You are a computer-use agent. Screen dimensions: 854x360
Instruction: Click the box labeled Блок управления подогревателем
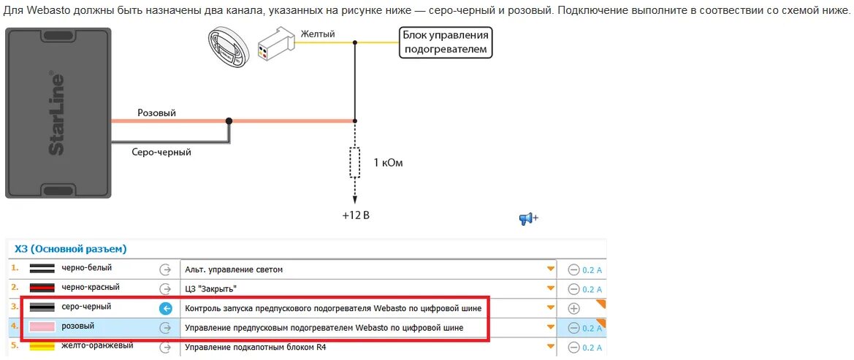point(446,42)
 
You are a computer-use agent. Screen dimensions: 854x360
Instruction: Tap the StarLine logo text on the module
point(56,113)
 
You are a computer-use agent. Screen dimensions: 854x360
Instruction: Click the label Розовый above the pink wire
point(156,113)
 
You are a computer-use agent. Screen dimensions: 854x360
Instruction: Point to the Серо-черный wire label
point(161,152)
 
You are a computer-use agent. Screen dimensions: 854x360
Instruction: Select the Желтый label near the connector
point(318,34)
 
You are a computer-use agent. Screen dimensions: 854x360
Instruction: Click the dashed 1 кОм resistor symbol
point(355,162)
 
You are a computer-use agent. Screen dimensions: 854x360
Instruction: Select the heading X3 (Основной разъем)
point(71,249)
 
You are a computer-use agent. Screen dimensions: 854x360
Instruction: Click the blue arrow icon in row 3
point(165,308)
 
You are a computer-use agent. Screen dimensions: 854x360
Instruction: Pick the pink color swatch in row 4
point(42,326)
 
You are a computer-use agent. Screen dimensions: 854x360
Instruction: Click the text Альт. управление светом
point(234,269)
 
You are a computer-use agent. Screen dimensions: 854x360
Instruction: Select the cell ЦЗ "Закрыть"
point(211,288)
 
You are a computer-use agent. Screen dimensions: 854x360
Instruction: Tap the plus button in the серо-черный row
point(573,308)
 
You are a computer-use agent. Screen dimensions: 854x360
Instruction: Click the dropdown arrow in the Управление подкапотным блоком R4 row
point(551,347)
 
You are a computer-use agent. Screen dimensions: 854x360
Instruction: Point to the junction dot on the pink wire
point(229,121)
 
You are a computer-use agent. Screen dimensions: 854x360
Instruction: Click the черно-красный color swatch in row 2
point(42,288)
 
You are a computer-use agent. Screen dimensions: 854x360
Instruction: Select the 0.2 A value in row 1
point(592,269)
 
